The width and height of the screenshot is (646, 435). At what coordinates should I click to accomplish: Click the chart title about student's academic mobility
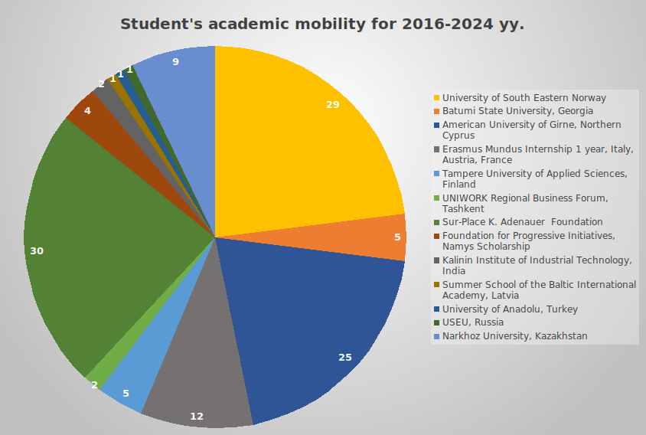[322, 25]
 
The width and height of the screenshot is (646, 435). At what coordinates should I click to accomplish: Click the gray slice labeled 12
[199, 368]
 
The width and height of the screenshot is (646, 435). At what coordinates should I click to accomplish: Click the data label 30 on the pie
[37, 251]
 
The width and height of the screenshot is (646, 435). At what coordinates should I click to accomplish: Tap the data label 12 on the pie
[197, 417]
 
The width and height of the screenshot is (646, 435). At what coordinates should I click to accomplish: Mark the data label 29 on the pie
[332, 104]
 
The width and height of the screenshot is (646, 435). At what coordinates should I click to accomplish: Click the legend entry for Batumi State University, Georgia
[517, 111]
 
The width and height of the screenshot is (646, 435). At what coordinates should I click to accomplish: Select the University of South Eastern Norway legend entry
[524, 98]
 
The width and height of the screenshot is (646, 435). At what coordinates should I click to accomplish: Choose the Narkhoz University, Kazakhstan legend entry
[515, 336]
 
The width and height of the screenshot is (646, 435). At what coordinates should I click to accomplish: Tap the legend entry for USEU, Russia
[473, 322]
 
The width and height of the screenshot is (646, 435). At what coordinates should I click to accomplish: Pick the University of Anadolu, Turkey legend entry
[510, 309]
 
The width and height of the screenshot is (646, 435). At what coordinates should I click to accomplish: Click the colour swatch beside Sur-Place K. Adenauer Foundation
[437, 222]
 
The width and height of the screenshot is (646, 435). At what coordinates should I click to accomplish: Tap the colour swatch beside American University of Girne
[437, 125]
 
